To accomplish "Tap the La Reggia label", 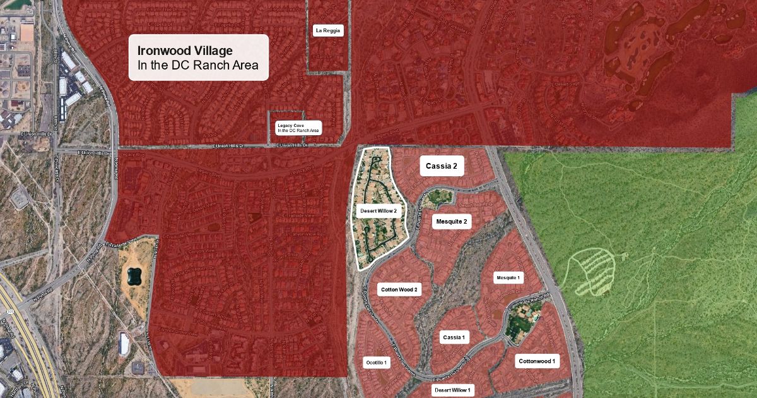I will [328, 30].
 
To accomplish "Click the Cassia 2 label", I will [442, 167].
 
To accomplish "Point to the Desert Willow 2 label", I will [378, 211].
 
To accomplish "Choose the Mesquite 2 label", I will [451, 222].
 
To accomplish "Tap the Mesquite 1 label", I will [508, 278].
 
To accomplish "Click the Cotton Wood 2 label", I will [399, 290].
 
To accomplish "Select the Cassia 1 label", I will [453, 337].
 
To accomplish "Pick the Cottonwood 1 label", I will [537, 361].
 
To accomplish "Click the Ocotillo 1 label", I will [377, 362].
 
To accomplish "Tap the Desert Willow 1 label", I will [452, 390].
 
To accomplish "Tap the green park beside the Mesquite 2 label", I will [436, 200].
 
